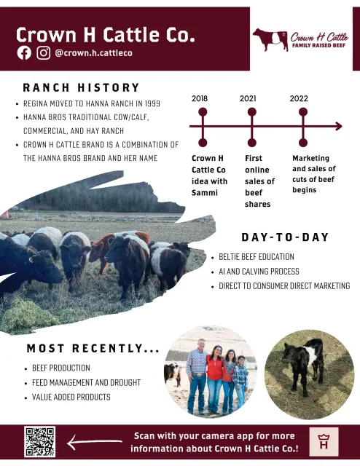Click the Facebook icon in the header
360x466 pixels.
(24, 52)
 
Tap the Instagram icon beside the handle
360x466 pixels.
(44, 52)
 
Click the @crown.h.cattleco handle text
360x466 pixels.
(93, 53)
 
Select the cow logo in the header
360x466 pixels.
(270, 39)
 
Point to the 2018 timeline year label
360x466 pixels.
(200, 98)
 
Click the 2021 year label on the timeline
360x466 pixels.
(248, 98)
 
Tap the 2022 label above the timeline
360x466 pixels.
(299, 98)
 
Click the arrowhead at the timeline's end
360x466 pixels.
(337, 127)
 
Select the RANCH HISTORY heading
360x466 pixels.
(81, 88)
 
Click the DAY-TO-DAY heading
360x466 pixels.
(285, 238)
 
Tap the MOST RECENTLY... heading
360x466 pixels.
(93, 349)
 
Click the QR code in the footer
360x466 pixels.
(39, 442)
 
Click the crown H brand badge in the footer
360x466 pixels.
(324, 441)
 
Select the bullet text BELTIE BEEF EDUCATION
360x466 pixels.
(257, 257)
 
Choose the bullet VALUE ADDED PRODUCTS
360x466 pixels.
(71, 397)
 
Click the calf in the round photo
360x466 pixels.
(304, 365)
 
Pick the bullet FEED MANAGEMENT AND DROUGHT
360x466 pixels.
(87, 382)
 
